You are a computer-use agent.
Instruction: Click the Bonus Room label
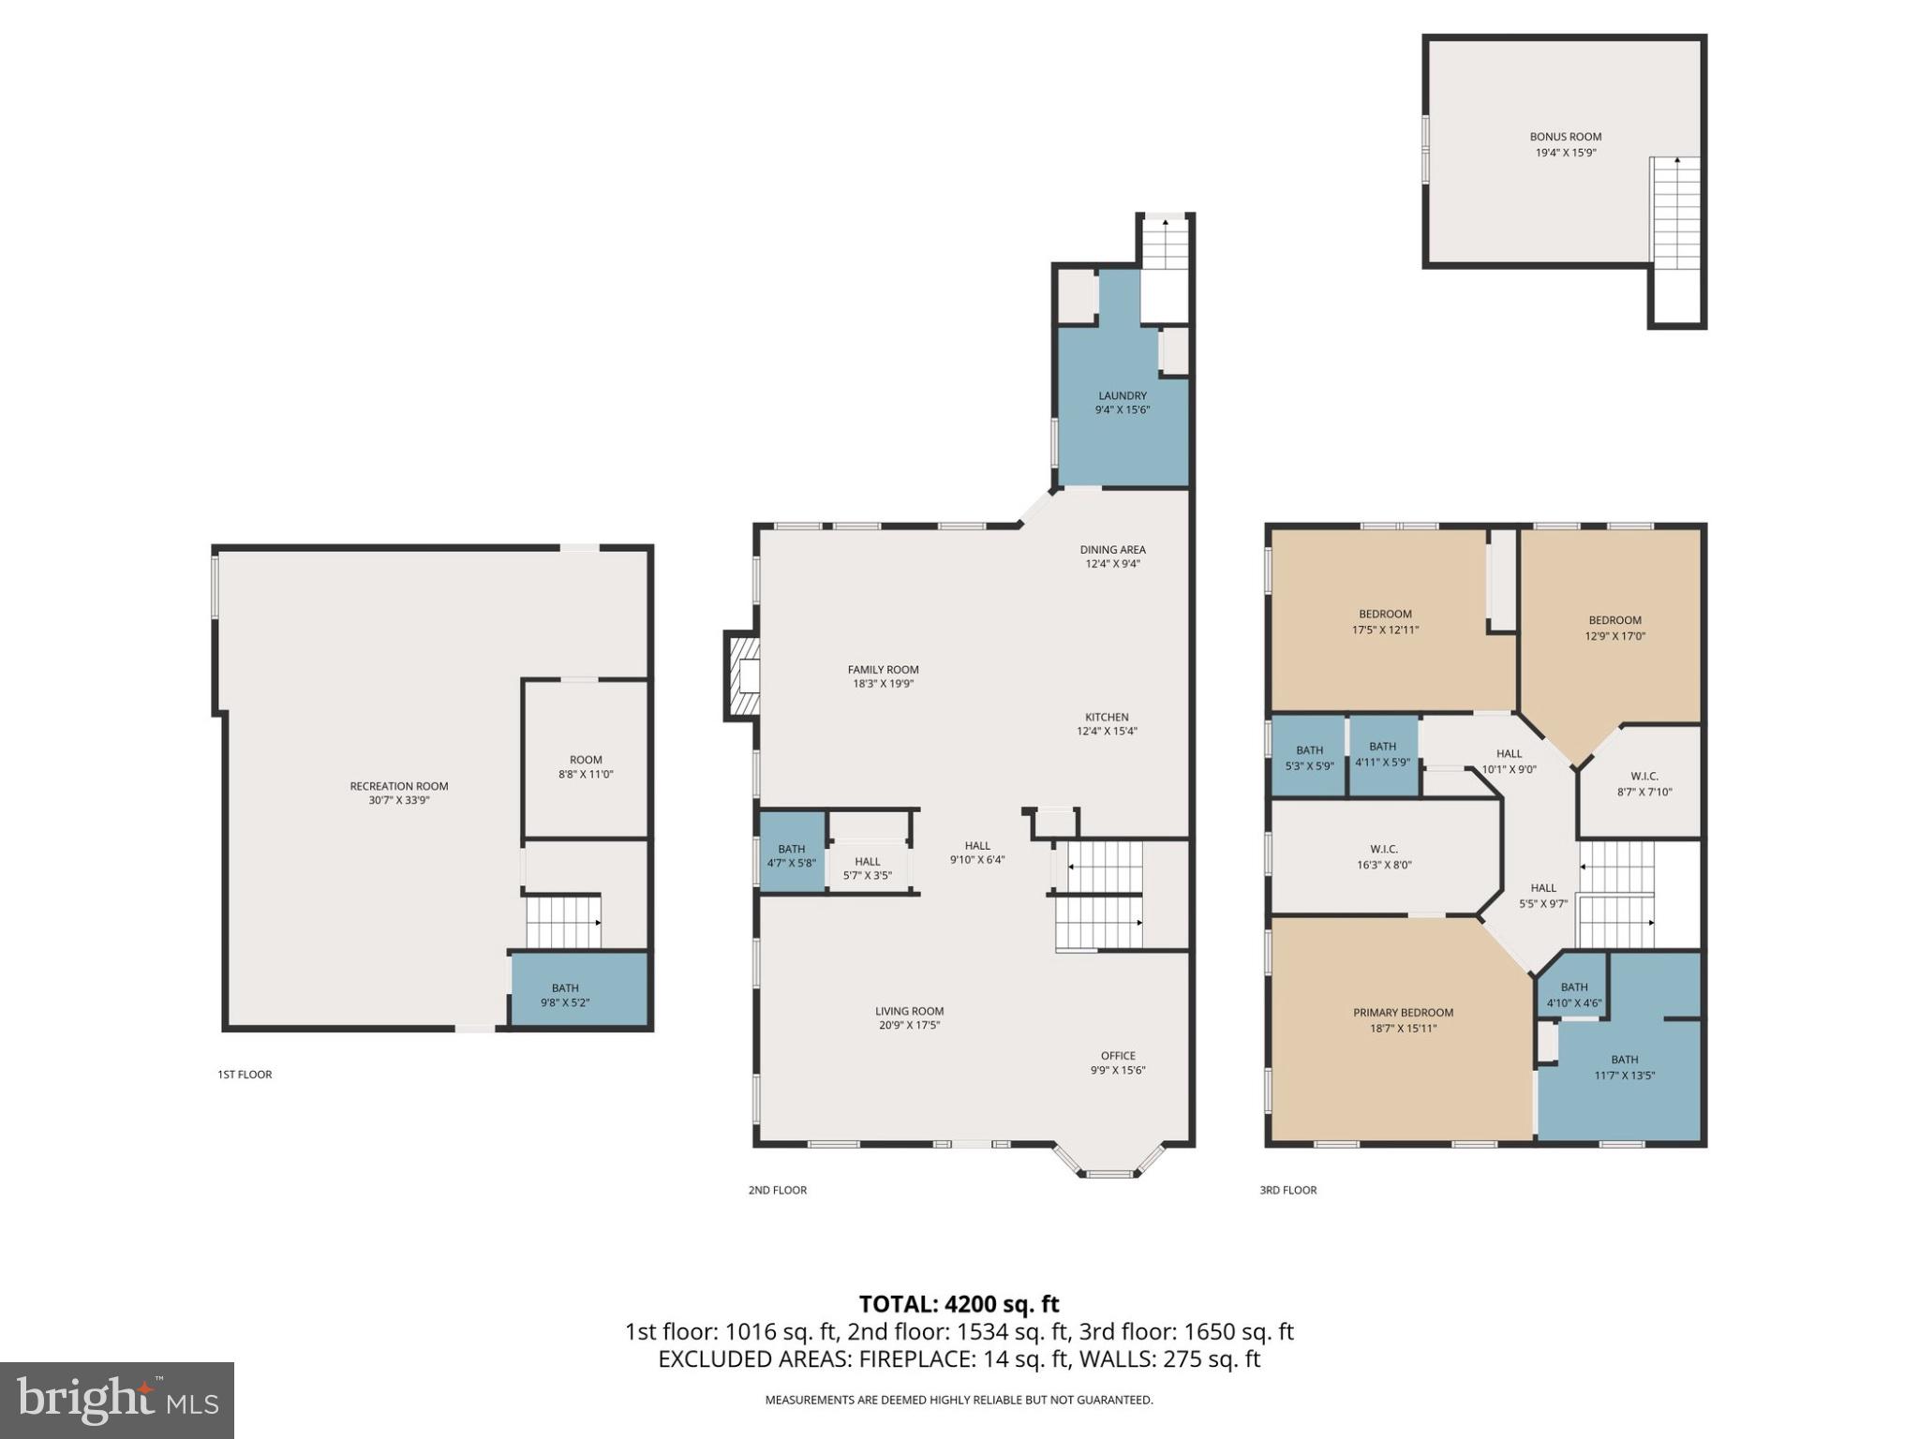pyautogui.click(x=1565, y=137)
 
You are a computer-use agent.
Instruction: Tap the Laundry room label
pyautogui.click(x=1122, y=395)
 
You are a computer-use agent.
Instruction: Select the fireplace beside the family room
pyautogui.click(x=742, y=676)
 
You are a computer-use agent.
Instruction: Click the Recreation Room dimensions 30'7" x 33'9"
pyautogui.click(x=398, y=800)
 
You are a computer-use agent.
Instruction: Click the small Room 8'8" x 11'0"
pyautogui.click(x=586, y=766)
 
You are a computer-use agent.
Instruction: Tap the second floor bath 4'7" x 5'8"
pyautogui.click(x=792, y=855)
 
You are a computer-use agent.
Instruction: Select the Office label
pyautogui.click(x=1117, y=1055)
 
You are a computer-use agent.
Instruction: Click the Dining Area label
pyautogui.click(x=1111, y=550)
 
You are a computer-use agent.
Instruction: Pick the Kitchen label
pyautogui.click(x=1107, y=717)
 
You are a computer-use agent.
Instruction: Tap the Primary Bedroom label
pyautogui.click(x=1403, y=1012)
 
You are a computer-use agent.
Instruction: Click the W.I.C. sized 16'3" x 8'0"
pyautogui.click(x=1383, y=856)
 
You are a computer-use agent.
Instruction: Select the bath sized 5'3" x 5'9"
pyautogui.click(x=1309, y=757)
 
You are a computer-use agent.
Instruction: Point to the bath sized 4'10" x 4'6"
pyautogui.click(x=1573, y=994)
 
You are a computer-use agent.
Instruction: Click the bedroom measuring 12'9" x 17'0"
pyautogui.click(x=1614, y=628)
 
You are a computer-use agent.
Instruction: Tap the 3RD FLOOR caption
pyautogui.click(x=1287, y=1190)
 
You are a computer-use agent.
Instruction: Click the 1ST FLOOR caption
pyautogui.click(x=245, y=1074)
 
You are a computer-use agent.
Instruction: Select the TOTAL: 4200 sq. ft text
pyautogui.click(x=959, y=1304)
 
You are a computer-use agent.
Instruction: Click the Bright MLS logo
pyautogui.click(x=117, y=1400)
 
